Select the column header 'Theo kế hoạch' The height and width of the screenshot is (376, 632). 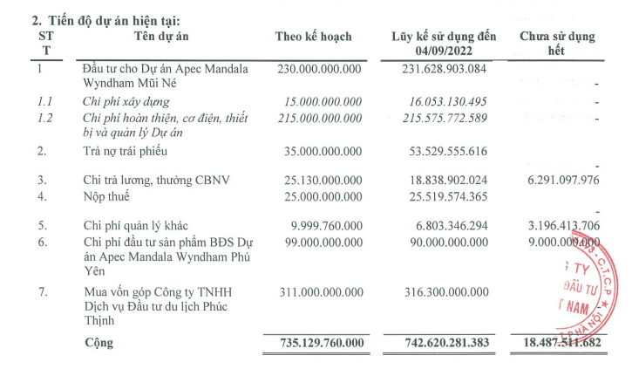[313, 37]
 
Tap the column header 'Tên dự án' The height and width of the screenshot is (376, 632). [161, 37]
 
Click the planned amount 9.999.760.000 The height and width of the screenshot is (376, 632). [323, 226]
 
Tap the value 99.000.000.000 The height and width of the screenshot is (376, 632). [320, 242]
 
